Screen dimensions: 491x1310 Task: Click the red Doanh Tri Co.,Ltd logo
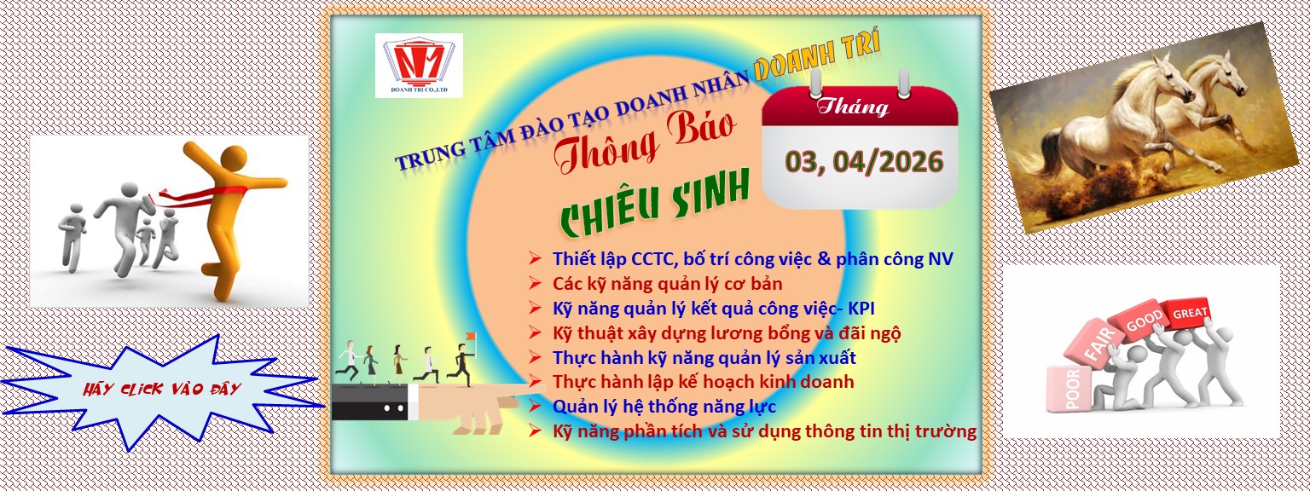(x=419, y=65)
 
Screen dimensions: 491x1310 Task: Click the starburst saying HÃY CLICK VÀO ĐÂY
(x=162, y=389)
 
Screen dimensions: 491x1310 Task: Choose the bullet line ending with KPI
(x=713, y=308)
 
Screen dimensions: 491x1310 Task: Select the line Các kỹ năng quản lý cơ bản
(x=667, y=282)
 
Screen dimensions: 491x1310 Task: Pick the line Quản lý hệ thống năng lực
(x=664, y=406)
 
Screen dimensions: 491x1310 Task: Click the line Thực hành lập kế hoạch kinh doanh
(x=703, y=381)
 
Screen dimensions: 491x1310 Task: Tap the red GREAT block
(x=1191, y=314)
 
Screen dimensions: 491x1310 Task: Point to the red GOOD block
(x=1145, y=325)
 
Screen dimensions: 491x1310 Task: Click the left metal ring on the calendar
(x=814, y=83)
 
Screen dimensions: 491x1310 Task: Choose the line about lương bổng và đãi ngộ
(x=726, y=332)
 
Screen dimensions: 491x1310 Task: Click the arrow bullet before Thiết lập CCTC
(x=535, y=257)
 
